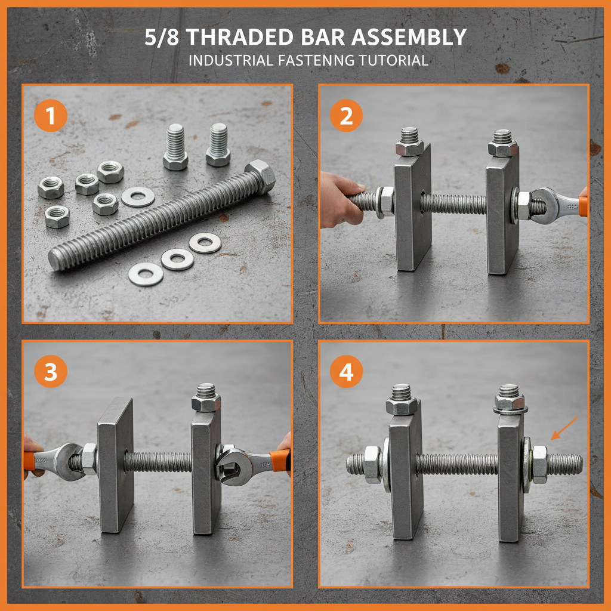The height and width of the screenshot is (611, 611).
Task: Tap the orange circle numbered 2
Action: [346, 116]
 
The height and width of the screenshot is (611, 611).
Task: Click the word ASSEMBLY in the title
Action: [408, 38]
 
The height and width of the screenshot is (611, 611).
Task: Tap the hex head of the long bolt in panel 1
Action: [260, 174]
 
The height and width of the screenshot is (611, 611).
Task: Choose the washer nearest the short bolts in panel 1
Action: [138, 196]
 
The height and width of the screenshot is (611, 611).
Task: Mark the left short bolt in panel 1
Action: [175, 147]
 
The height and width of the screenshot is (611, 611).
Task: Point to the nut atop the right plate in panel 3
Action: [206, 403]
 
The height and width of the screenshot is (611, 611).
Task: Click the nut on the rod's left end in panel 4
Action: [371, 464]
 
